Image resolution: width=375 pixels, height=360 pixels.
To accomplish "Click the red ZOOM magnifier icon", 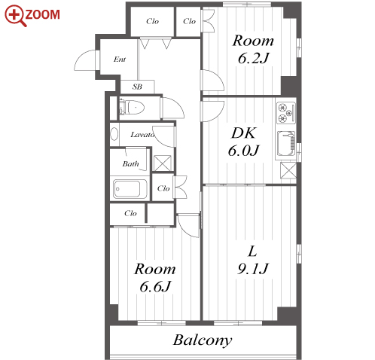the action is point(15,15).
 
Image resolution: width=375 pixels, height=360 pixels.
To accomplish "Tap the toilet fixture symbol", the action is point(132,108).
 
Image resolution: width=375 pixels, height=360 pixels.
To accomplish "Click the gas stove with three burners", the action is point(285,113).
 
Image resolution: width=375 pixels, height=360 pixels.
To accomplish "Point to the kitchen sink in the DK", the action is point(285,144).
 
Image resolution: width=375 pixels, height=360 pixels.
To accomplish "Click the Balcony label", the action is point(203,341).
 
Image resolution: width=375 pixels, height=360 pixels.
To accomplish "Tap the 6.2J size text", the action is point(254,58).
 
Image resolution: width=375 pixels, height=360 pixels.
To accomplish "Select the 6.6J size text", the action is point(155,286).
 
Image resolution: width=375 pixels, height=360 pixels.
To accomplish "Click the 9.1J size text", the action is point(253,269).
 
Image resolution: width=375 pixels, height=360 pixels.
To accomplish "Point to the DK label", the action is point(243,133).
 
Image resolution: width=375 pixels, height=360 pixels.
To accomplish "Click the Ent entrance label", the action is point(120,59).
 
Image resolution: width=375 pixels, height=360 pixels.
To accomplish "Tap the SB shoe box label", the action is point(137,87).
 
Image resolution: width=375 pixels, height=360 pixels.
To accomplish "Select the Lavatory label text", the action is point(142,135).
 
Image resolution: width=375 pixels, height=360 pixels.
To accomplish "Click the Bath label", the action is point(130,164).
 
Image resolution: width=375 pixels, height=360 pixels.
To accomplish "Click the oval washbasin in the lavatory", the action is point(114,134).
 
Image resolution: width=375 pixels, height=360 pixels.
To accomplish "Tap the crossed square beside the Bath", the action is point(162,163).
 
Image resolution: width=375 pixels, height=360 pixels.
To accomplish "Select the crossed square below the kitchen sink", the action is point(288,170).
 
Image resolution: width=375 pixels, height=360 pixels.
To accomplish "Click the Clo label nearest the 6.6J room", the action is point(130,213).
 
